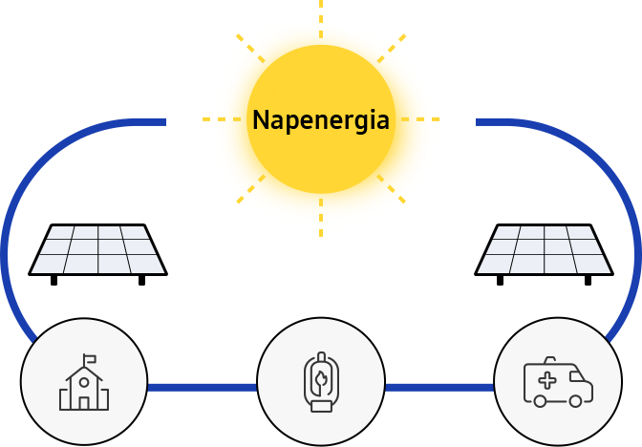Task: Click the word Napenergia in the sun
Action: pos(321,120)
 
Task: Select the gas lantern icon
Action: pos(321,381)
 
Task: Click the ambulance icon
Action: pos(558,382)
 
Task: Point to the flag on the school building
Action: pos(90,359)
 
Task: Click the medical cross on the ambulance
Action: pos(547,381)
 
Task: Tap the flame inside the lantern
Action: pos(321,379)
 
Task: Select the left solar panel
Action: pos(97,254)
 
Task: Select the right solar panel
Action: pos(544,254)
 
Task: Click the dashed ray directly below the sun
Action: pos(321,218)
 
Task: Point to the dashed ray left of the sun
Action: pos(222,119)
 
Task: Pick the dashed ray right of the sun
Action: pos(420,119)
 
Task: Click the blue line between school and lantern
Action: pos(203,388)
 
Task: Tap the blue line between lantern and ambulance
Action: pos(439,388)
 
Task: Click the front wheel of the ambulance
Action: pos(575,401)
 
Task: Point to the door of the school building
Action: pos(84,403)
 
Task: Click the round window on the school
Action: pos(84,382)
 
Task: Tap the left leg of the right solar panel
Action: pos(500,281)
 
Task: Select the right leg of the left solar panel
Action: pos(141,281)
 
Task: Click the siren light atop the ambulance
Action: pos(550,360)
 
